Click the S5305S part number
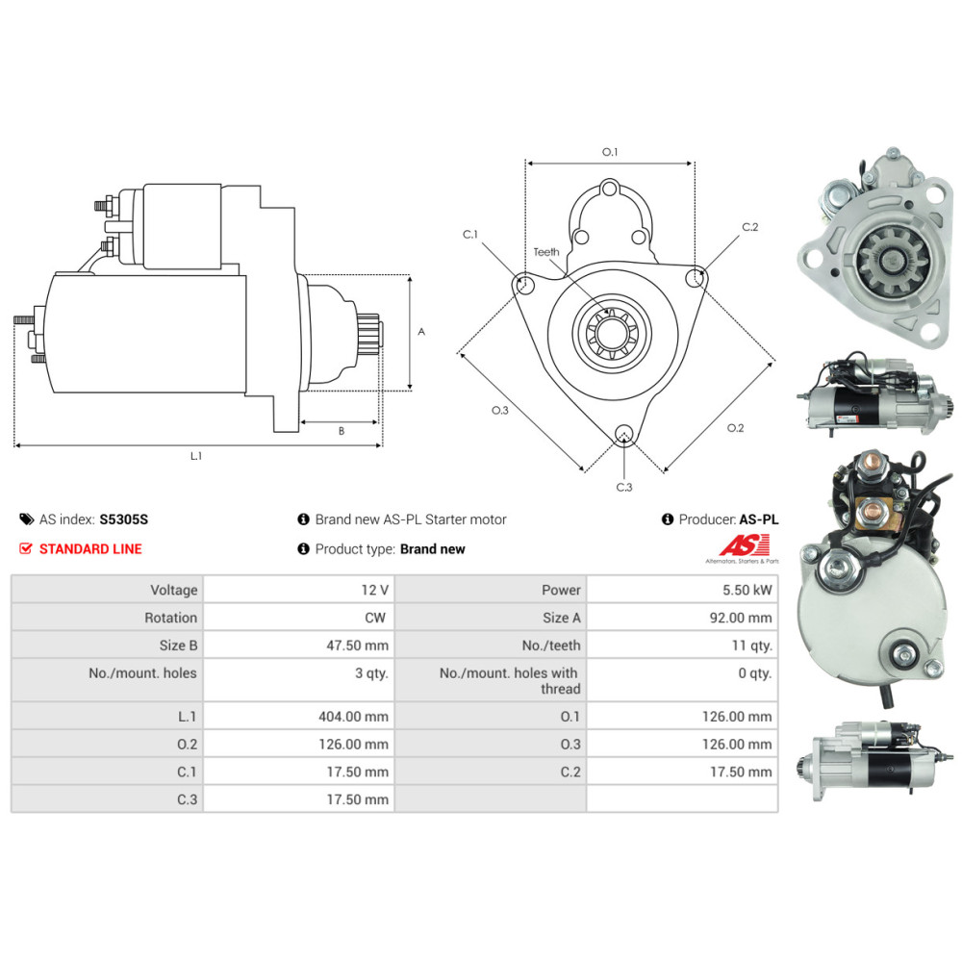pos(124,519)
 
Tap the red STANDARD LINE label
pos(89,549)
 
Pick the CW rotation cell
pos(377,618)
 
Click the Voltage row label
pos(173,590)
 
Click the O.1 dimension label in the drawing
pos(609,152)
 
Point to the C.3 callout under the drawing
pos(624,487)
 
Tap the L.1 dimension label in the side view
pos(196,456)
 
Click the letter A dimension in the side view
pos(420,331)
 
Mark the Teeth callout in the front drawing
pos(546,252)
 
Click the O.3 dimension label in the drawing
pos(499,411)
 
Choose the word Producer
pos(707,519)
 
